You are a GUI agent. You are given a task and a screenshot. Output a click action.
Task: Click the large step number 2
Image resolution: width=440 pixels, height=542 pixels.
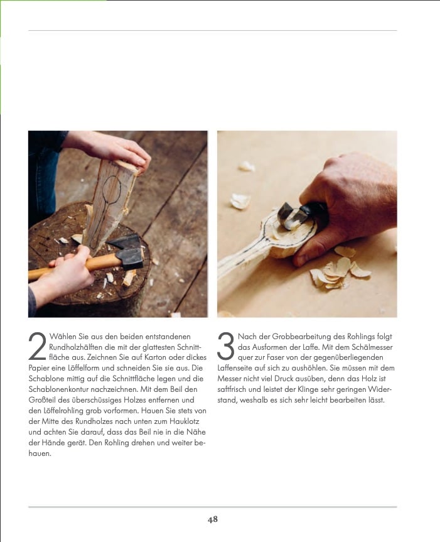(37, 346)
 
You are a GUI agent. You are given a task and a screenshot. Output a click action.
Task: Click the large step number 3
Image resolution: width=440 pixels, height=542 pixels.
(226, 346)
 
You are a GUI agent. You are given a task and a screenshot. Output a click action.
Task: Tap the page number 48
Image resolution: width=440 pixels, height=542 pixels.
(213, 519)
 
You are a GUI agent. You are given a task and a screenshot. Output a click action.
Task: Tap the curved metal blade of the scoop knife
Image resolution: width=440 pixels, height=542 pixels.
(289, 217)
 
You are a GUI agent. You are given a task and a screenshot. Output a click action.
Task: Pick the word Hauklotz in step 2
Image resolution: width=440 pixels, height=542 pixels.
(184, 421)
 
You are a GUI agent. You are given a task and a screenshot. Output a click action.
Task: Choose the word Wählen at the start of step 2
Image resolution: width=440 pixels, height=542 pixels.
(63, 337)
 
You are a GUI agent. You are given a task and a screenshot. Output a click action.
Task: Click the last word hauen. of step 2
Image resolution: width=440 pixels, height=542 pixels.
(40, 453)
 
